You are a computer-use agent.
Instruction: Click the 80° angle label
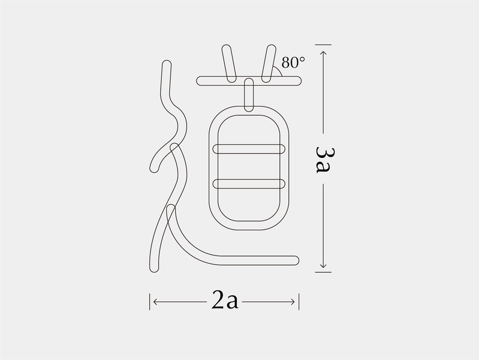click(293, 62)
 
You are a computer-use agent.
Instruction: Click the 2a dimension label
click(225, 300)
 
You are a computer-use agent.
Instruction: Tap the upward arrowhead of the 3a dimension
click(323, 53)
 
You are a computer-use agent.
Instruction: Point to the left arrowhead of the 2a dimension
click(155, 302)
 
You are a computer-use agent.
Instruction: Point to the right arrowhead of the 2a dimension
click(292, 302)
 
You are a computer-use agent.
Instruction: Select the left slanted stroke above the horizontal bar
click(229, 64)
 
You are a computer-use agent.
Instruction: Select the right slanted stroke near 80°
click(269, 64)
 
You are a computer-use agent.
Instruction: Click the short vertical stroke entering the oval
click(249, 95)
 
